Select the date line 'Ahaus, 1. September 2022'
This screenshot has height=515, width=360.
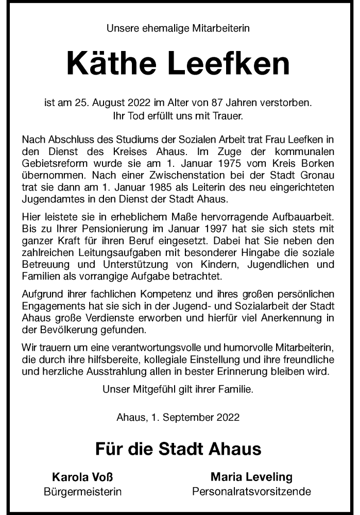coord(178,418)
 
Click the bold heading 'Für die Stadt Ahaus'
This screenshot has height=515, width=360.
coord(178,449)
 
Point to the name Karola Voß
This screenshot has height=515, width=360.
coord(82,477)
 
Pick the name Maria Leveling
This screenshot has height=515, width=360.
coord(251,477)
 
